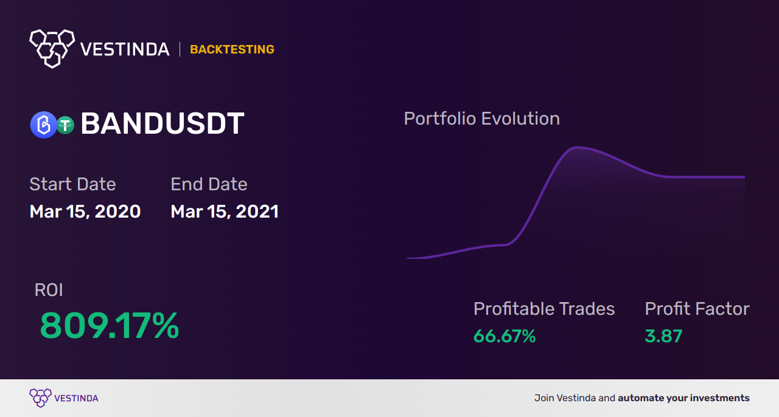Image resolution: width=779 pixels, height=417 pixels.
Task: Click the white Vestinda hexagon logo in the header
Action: pyautogui.click(x=52, y=49)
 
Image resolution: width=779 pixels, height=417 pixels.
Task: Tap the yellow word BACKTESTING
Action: pyautogui.click(x=232, y=49)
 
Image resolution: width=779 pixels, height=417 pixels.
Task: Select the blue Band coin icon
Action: pyautogui.click(x=43, y=125)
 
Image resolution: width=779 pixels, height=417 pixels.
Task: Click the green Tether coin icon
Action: pyautogui.click(x=65, y=125)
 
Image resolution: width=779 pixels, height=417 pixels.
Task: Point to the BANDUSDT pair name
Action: pyautogui.click(x=162, y=123)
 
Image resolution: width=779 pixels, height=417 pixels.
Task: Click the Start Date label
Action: pyautogui.click(x=72, y=184)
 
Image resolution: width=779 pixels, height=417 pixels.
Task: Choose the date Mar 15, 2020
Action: pyautogui.click(x=85, y=212)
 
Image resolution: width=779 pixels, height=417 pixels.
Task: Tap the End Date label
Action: pyautogui.click(x=209, y=184)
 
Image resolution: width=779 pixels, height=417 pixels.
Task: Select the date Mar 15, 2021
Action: pyautogui.click(x=225, y=212)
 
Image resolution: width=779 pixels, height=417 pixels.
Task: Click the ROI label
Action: pyautogui.click(x=49, y=290)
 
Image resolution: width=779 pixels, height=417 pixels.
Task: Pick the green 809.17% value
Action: pyautogui.click(x=109, y=325)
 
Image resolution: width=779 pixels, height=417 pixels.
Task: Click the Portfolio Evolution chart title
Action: pyautogui.click(x=482, y=119)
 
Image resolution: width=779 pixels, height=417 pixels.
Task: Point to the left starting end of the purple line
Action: pyautogui.click(x=408, y=258)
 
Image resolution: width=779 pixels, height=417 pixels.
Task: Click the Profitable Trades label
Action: pyautogui.click(x=544, y=309)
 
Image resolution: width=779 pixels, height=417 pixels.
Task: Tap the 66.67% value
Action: pyautogui.click(x=505, y=336)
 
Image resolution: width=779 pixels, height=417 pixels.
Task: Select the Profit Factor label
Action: pyautogui.click(x=697, y=309)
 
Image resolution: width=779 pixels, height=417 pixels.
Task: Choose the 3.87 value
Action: pyautogui.click(x=663, y=336)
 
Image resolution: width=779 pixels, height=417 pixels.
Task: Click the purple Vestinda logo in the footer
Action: pyautogui.click(x=64, y=398)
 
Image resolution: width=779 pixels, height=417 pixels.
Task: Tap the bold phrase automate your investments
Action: pyautogui.click(x=683, y=398)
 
